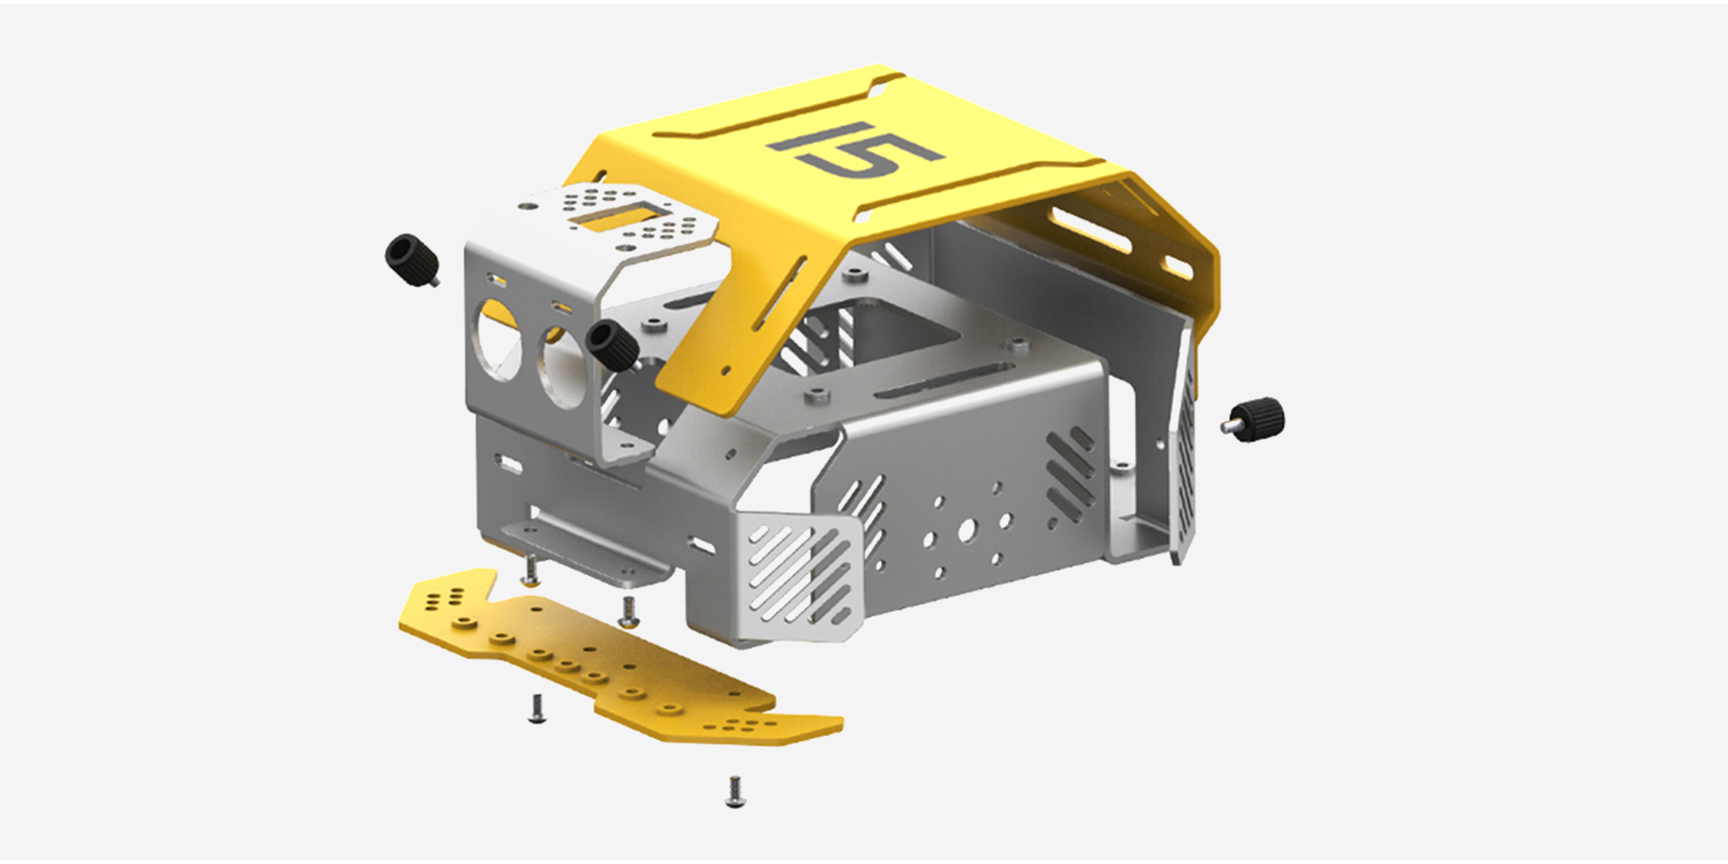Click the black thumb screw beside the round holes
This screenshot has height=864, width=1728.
(x=613, y=343)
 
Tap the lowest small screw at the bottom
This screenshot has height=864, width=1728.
(x=734, y=792)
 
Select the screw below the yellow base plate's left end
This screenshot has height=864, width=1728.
(x=535, y=708)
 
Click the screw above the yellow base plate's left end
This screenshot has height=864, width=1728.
(x=532, y=569)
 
